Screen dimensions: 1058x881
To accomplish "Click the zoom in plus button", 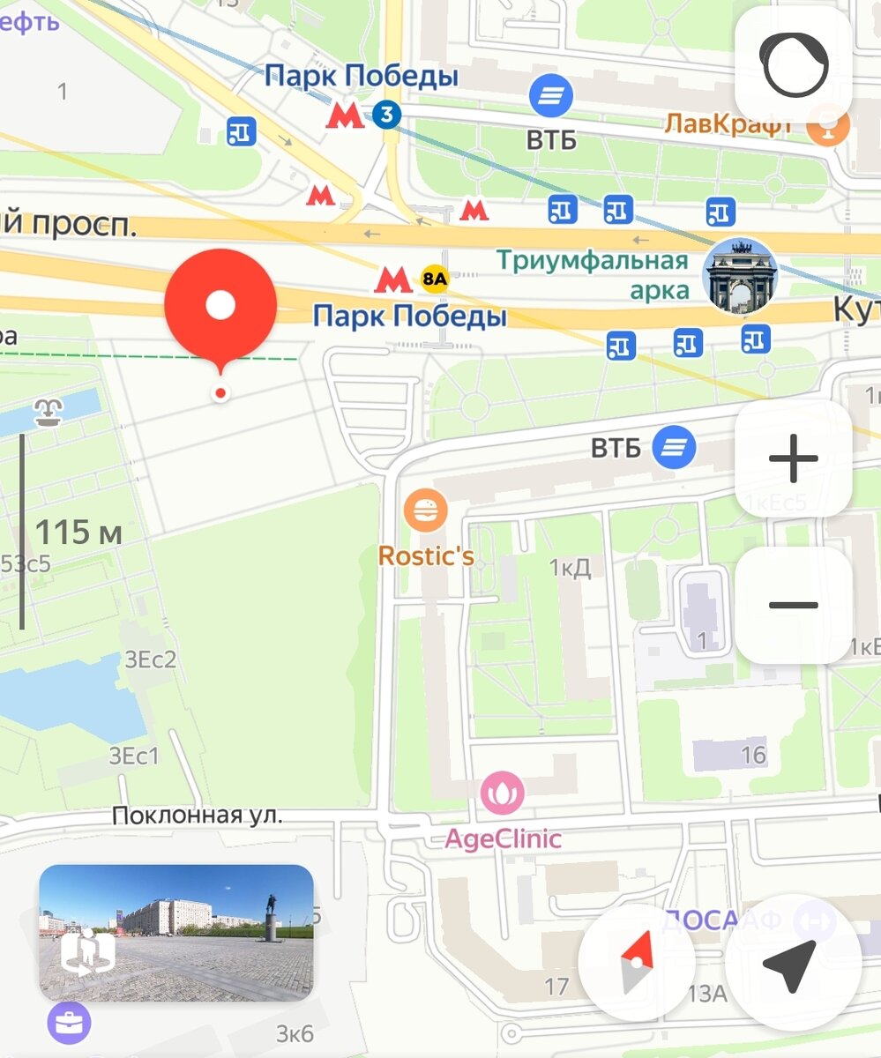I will click(793, 458).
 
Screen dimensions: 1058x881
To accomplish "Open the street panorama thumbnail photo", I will click(176, 932).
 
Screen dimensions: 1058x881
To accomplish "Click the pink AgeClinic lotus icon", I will click(502, 793).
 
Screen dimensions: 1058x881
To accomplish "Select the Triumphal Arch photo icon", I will click(739, 275).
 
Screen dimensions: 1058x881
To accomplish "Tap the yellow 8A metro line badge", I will click(436, 279).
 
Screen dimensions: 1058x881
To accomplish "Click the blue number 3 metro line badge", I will click(386, 114).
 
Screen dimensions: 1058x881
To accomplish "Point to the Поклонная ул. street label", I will click(197, 816).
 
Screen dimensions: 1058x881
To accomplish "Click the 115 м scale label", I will click(78, 533).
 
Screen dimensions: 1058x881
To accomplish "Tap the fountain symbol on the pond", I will click(47, 412).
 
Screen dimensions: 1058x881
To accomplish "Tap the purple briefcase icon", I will click(69, 1024).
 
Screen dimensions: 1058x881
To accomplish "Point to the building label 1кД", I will click(570, 567).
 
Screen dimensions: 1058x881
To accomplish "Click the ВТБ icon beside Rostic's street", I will click(674, 447).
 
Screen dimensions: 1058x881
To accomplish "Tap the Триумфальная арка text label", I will click(592, 274).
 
